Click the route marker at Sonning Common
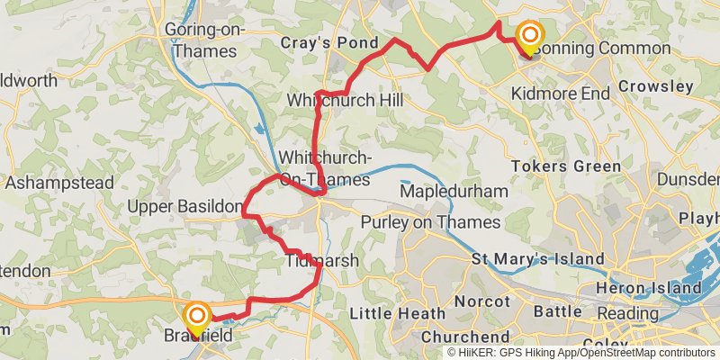coord(529,38)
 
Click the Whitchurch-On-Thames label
coord(324,167)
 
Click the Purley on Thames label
coord(429,222)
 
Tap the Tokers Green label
coord(565,166)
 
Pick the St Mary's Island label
coord(538,259)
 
